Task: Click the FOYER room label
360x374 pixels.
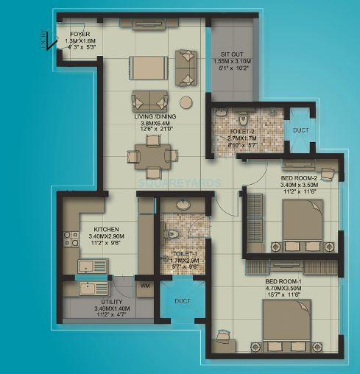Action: [79, 35]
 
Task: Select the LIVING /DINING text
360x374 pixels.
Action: [153, 116]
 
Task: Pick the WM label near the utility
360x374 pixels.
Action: [146, 285]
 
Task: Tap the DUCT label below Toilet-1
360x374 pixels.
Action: [178, 300]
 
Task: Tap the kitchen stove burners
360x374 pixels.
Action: [72, 239]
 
